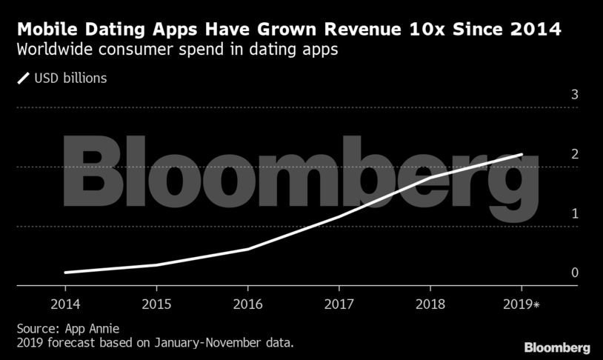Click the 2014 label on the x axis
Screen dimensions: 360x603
click(x=65, y=304)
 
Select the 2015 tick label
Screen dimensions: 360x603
click(x=156, y=304)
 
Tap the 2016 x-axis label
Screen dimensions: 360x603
click(x=247, y=304)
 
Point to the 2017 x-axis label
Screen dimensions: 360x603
click(x=339, y=304)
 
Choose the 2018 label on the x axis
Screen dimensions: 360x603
click(x=430, y=304)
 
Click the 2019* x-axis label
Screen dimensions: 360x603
click(x=523, y=304)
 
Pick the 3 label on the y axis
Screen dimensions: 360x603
click(x=553, y=95)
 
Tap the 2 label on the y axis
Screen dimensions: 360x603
click(x=553, y=154)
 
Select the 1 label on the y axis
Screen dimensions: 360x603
click(x=553, y=213)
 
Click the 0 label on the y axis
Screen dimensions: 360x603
click(x=553, y=273)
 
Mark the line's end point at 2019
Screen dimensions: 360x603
click(x=522, y=155)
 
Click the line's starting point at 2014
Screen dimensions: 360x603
click(x=65, y=273)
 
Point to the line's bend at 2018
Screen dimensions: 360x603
click(x=430, y=178)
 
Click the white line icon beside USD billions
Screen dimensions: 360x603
click(x=22, y=77)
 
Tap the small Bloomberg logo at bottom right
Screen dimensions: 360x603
click(x=557, y=347)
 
